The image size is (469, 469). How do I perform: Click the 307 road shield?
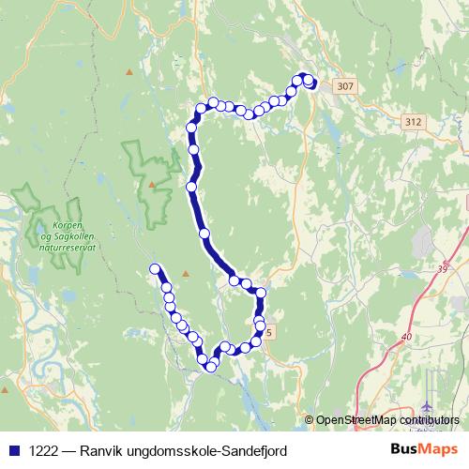pyautogui.click(x=345, y=86)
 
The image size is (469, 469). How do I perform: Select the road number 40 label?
pyautogui.click(x=406, y=338)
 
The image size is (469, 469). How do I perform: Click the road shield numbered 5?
pyautogui.click(x=270, y=332)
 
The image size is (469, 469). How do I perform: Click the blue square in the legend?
pyautogui.click(x=13, y=450)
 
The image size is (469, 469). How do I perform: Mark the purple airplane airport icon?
pyautogui.click(x=429, y=406)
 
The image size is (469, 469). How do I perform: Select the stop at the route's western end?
pyautogui.click(x=155, y=270)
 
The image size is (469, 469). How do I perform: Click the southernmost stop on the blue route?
pyautogui.click(x=211, y=368)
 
